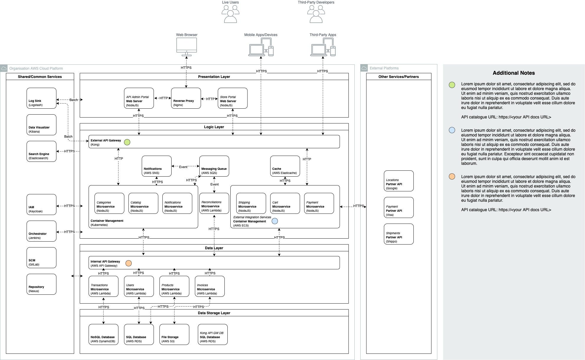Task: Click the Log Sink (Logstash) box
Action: (x=41, y=98)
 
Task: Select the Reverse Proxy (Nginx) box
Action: (x=186, y=98)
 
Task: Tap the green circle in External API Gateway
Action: (x=127, y=142)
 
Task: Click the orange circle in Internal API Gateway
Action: (x=128, y=263)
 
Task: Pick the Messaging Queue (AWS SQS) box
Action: (x=214, y=166)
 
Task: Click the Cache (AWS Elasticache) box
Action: (x=285, y=166)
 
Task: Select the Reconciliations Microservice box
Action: (x=214, y=203)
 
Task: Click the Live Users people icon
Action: (x=230, y=14)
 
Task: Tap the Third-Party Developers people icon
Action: (x=316, y=14)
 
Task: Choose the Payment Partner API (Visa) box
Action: (x=399, y=207)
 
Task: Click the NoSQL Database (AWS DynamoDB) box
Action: (x=103, y=334)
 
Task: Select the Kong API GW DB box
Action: (x=213, y=334)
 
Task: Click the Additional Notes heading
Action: (x=514, y=73)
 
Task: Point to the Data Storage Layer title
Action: (x=214, y=313)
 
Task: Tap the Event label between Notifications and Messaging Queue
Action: (x=183, y=167)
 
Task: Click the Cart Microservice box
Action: (x=285, y=203)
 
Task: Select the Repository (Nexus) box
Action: (x=41, y=284)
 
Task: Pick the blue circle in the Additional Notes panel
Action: (x=452, y=130)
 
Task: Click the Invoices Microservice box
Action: (x=210, y=286)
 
